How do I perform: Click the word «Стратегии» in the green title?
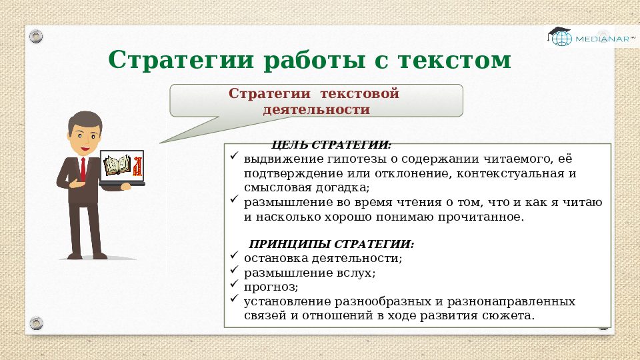pos(181,60)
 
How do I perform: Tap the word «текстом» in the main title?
pos(455,60)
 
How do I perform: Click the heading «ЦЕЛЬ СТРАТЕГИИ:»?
pos(331,145)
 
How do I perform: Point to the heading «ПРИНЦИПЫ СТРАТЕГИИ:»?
pos(331,244)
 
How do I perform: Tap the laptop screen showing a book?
pos(121,165)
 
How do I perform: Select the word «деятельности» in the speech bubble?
pos(317,109)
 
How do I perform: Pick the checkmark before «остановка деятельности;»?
pos(233,256)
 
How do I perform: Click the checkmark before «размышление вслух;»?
pos(233,271)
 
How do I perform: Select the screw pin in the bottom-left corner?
pos(36,324)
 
